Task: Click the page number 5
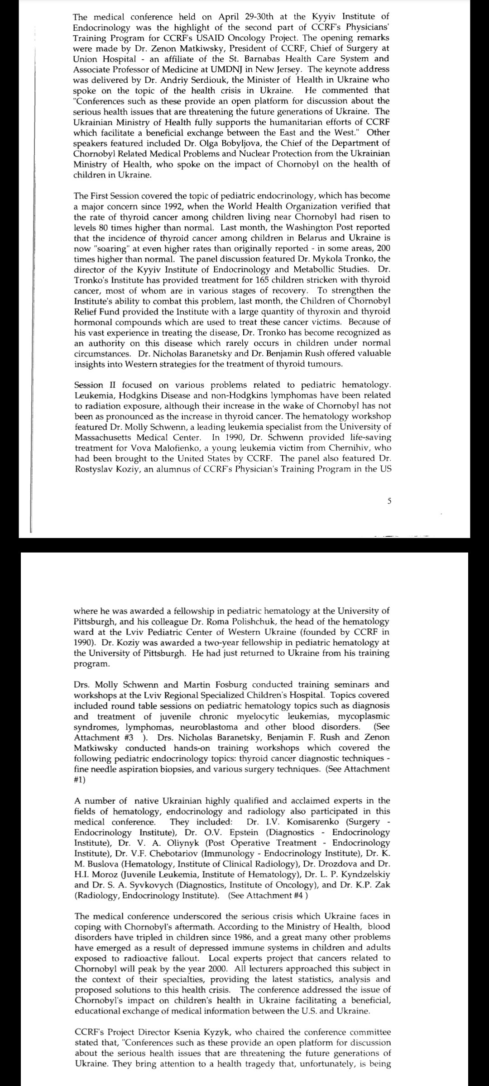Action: [x=389, y=501]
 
